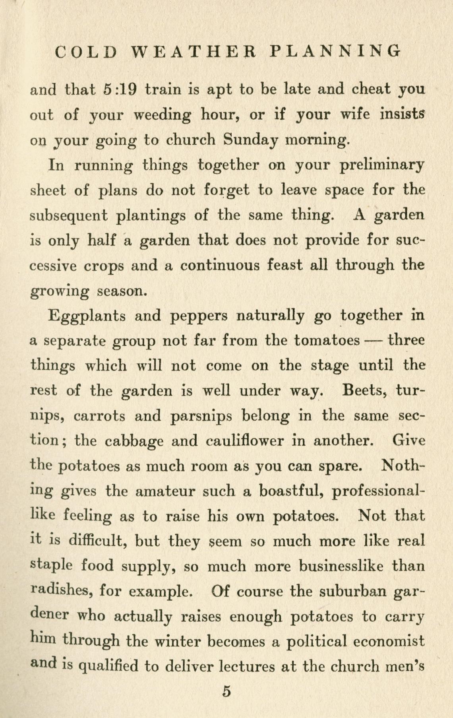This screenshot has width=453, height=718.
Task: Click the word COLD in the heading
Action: pyautogui.click(x=86, y=52)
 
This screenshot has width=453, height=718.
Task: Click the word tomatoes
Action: pyautogui.click(x=327, y=341)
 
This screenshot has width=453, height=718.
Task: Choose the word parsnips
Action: pyautogui.click(x=201, y=416)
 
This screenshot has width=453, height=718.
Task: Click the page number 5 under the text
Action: pyautogui.click(x=226, y=692)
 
